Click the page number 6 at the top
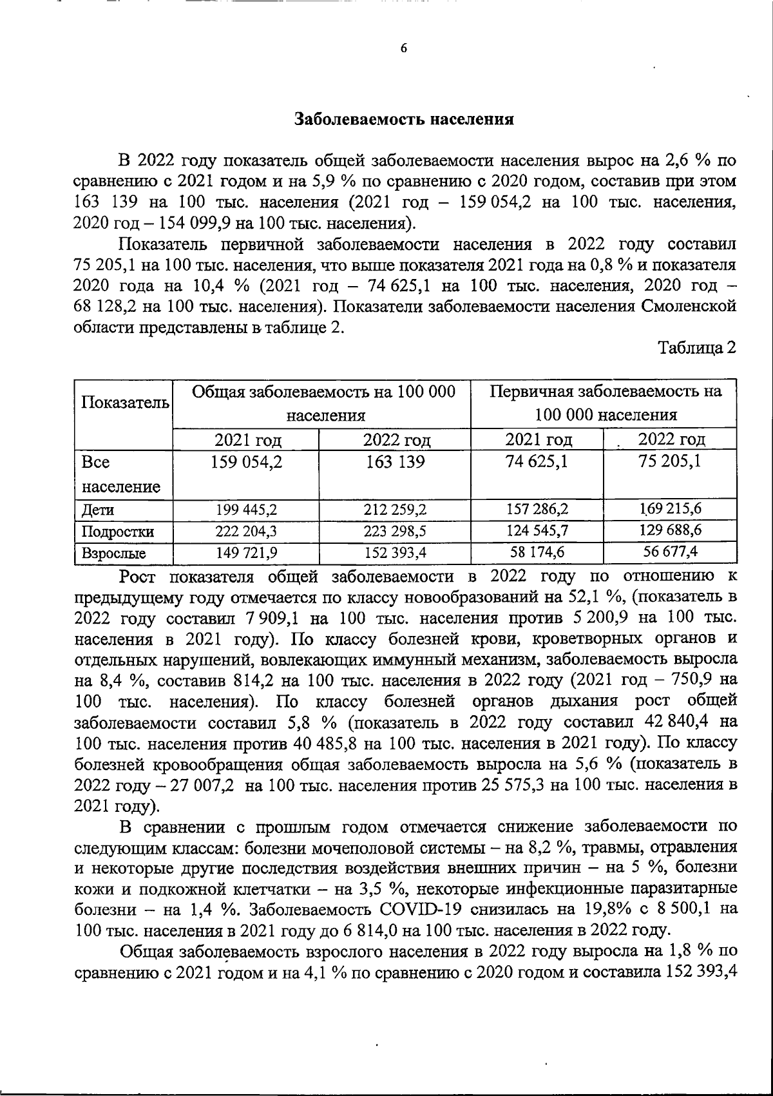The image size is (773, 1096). click(404, 49)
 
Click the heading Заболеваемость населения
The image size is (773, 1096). click(404, 119)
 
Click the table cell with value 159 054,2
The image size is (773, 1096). click(247, 462)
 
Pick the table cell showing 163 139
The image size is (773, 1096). click(395, 462)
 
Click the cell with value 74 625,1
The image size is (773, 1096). click(537, 462)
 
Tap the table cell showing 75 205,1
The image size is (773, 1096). click(671, 462)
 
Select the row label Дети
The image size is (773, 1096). click(98, 510)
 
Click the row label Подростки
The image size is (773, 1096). click(117, 532)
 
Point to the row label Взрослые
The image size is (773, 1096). click(113, 553)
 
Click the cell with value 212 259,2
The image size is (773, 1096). click(395, 510)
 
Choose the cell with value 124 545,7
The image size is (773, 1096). click(537, 531)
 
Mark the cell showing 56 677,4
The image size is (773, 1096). click(671, 552)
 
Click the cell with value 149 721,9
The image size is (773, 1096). click(247, 553)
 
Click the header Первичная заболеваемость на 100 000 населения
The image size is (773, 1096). click(606, 403)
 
